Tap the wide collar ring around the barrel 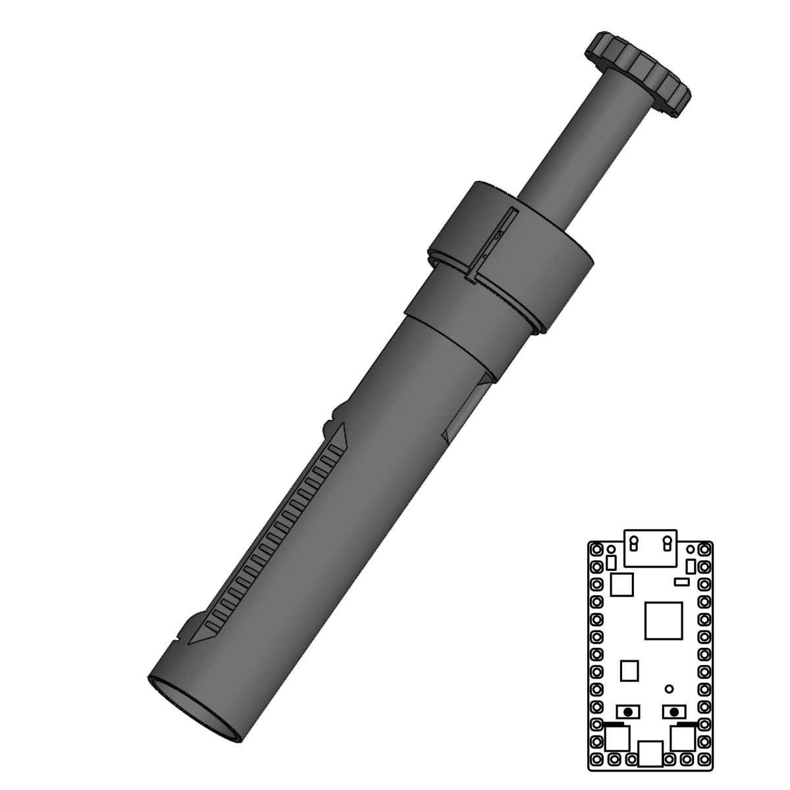513,253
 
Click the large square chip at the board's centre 662,619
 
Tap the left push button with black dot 630,712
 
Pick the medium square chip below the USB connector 622,584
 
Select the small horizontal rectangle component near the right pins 682,582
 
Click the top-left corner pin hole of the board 597,549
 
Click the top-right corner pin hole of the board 705,549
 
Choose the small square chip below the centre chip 630,671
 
